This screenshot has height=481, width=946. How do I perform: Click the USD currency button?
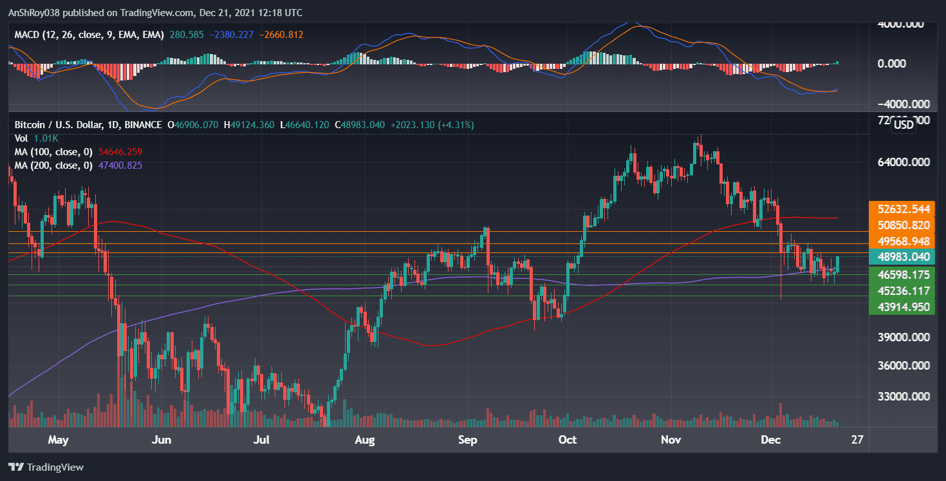(x=904, y=125)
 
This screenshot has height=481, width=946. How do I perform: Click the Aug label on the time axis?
(x=364, y=440)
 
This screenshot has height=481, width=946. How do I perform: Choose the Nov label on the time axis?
(x=671, y=440)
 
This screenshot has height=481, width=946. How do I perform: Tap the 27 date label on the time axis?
(x=857, y=440)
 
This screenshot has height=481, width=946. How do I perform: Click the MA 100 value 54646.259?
(x=116, y=152)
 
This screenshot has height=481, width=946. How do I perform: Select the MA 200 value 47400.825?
(x=116, y=165)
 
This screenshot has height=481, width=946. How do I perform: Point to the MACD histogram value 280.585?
(x=187, y=35)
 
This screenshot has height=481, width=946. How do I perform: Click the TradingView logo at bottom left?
(x=46, y=467)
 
